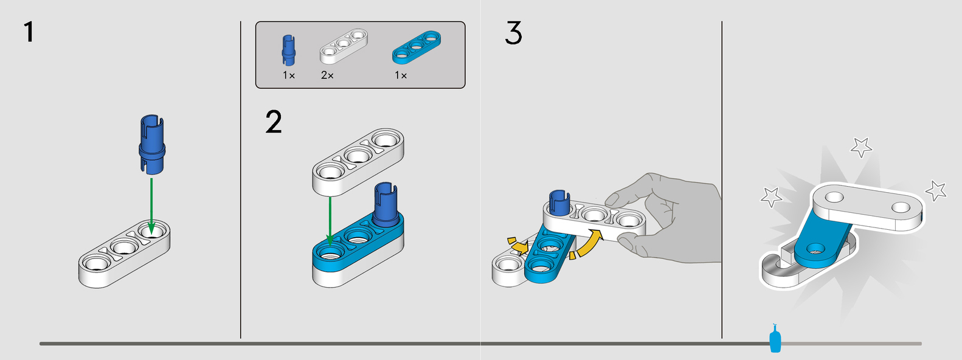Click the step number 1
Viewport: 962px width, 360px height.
28,32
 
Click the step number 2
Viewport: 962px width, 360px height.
274,122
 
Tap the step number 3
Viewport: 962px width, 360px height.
513,33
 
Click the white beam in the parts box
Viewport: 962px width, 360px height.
344,46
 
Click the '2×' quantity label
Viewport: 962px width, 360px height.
327,75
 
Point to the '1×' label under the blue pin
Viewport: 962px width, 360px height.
289,75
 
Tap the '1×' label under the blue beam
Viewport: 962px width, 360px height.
401,75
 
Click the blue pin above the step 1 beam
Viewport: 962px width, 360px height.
152,145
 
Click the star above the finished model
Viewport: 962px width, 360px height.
860,147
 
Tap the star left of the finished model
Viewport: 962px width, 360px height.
771,196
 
